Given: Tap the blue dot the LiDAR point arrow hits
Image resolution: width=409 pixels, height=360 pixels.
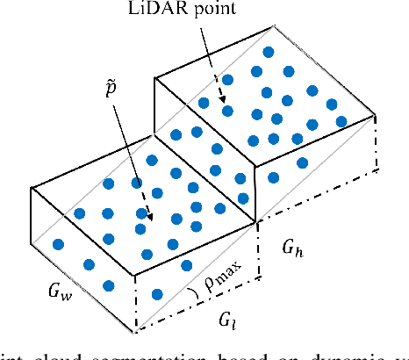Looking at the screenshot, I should point(226,110).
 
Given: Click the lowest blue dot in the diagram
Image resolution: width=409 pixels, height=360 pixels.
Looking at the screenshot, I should point(156,293).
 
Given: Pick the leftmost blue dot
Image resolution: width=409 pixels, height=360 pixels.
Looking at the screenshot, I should point(58,244).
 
